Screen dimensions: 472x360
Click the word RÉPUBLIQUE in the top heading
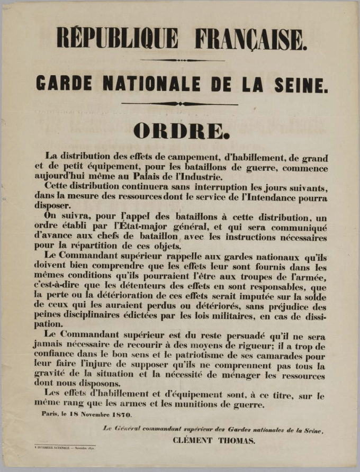[x=118, y=39]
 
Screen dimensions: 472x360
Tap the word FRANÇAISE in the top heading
[x=251, y=39]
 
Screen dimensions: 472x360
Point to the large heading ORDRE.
[x=181, y=131]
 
